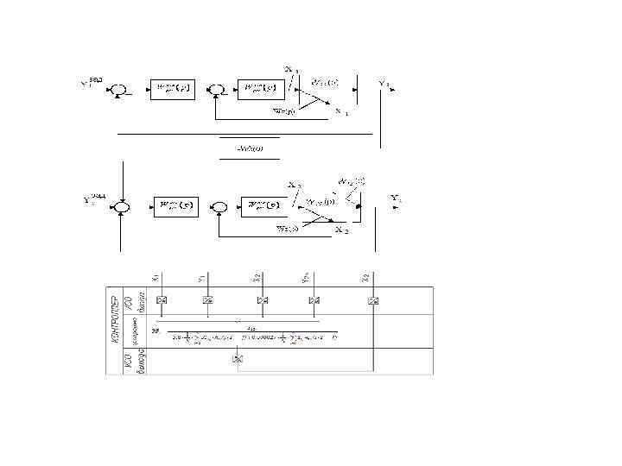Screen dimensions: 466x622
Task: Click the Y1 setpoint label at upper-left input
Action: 90,83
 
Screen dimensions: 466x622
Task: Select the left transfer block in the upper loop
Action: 175,88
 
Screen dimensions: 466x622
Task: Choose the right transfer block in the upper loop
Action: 260,88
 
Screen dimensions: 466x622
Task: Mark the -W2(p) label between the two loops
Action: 250,148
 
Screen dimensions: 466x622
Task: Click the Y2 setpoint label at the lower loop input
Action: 92,200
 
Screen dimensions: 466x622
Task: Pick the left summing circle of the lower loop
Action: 124,206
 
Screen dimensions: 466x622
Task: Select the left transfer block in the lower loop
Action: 176,206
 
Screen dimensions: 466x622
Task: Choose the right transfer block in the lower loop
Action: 263,206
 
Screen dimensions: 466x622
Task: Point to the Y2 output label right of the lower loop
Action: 395,198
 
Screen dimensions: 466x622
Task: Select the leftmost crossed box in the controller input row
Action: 161,299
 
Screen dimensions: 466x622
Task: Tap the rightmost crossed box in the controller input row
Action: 372,299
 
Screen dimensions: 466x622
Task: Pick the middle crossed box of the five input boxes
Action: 262,299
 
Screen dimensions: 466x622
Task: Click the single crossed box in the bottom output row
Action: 238,358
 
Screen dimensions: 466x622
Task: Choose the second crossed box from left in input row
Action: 207,299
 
